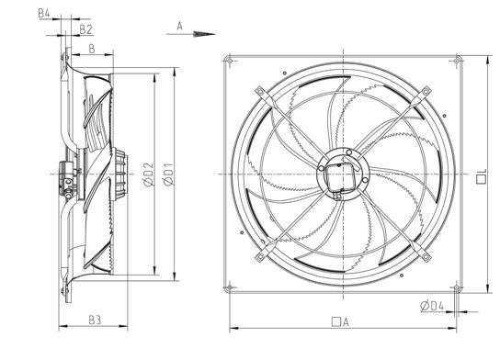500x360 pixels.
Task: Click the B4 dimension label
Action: point(44,14)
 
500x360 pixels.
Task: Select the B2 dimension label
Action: point(85,29)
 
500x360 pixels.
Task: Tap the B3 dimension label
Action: point(95,320)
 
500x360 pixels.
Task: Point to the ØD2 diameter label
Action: point(148,174)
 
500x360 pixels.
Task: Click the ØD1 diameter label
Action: point(168,174)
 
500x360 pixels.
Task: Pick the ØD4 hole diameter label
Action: point(432,306)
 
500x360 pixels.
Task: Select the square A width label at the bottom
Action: point(340,322)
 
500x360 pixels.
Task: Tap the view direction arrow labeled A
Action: point(191,34)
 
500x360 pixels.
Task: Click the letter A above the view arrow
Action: point(179,26)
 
